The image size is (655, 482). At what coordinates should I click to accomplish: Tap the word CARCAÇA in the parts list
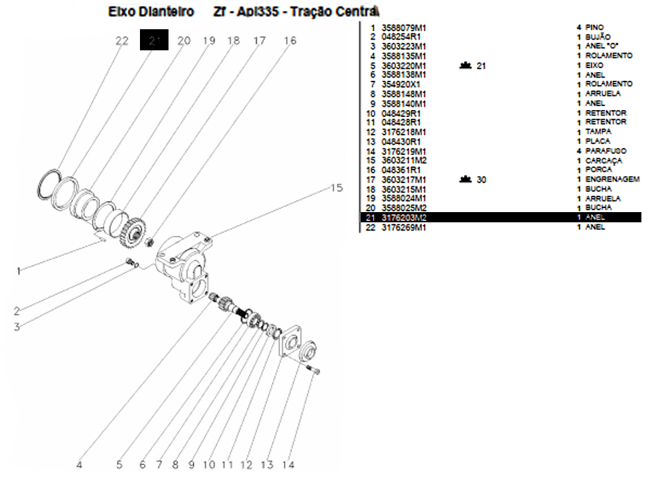(603, 160)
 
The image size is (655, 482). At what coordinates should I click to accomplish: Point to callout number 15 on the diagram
(337, 188)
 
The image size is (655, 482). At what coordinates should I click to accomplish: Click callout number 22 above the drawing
(122, 41)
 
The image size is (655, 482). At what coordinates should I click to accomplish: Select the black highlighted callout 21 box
(154, 41)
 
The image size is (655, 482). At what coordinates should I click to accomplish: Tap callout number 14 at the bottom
(288, 465)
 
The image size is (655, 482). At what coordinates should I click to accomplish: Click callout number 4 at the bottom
(79, 465)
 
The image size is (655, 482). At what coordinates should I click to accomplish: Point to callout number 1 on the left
(19, 271)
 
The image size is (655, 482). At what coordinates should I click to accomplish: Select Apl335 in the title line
(263, 12)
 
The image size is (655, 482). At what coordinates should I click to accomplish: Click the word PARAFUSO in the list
(605, 151)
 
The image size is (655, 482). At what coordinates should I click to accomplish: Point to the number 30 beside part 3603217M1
(481, 179)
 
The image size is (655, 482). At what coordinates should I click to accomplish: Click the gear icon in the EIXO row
(465, 65)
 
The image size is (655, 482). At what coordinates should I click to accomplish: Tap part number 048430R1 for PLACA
(401, 141)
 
